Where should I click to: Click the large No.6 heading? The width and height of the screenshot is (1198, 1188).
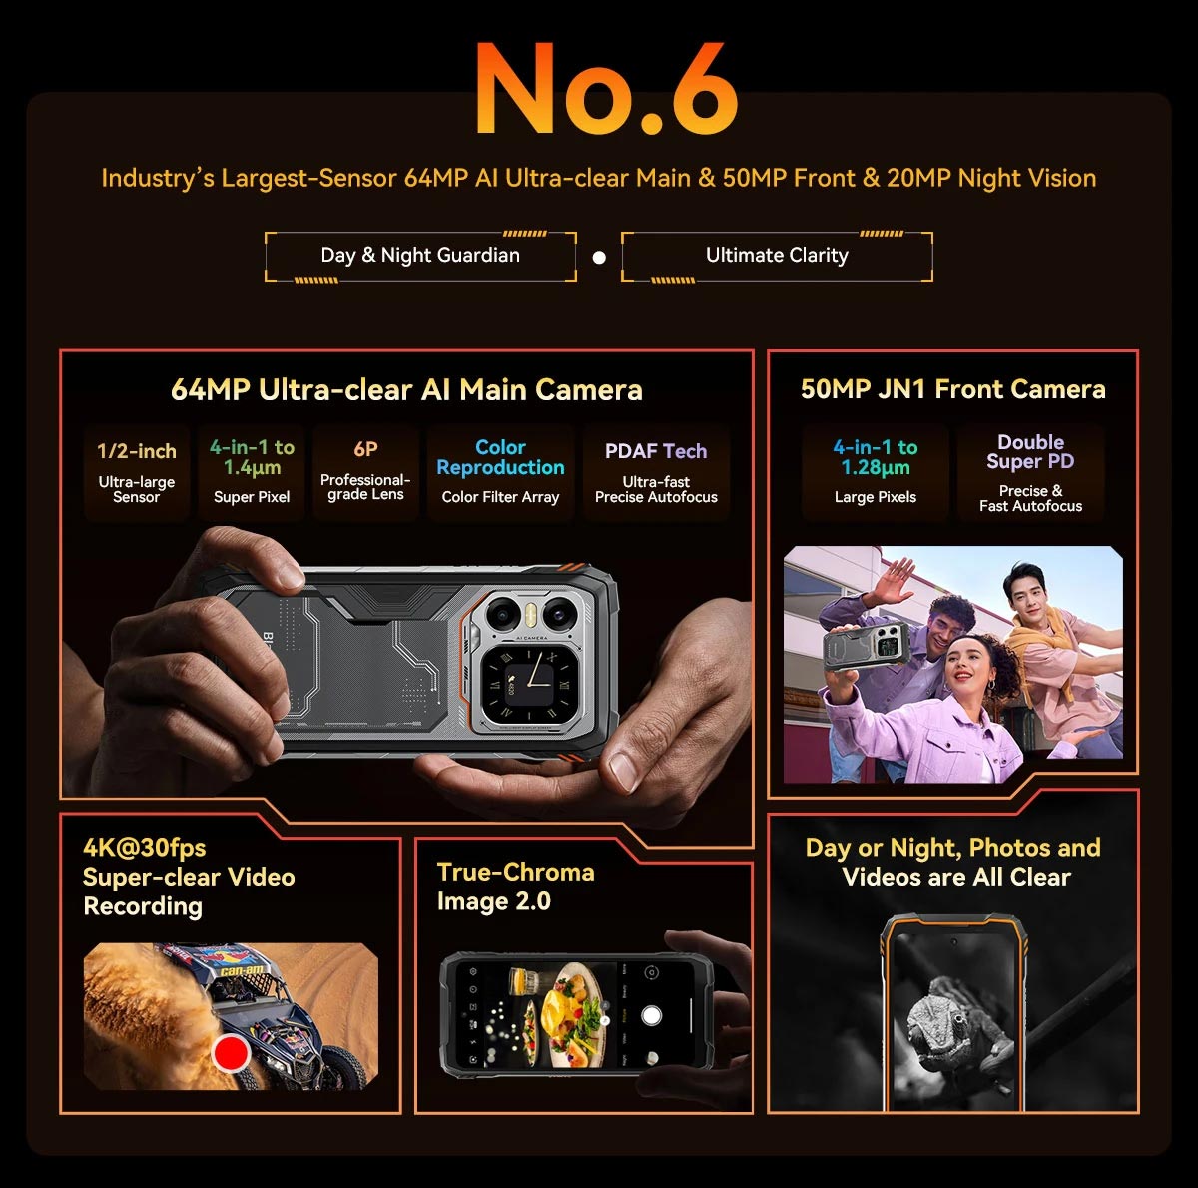607,88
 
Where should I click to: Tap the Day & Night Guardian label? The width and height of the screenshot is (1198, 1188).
420,255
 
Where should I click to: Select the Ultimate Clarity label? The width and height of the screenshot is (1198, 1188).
777,255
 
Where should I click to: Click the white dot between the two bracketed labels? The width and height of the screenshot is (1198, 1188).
599,257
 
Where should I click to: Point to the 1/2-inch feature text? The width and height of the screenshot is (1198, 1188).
136,451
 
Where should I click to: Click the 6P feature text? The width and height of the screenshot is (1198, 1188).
365,448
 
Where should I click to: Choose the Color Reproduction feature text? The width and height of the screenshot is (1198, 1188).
500,457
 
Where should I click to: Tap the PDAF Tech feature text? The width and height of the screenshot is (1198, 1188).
656,451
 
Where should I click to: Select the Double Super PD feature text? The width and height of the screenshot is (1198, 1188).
1030,451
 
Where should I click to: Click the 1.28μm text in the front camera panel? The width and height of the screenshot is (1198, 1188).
876,468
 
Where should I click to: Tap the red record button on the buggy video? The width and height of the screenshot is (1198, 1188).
231,1053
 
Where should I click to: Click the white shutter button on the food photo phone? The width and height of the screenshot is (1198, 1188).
650,1015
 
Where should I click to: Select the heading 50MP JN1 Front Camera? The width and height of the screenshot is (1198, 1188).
953,389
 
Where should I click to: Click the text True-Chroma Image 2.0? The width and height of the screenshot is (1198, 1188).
515,887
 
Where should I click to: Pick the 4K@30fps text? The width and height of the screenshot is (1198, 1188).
144,848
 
